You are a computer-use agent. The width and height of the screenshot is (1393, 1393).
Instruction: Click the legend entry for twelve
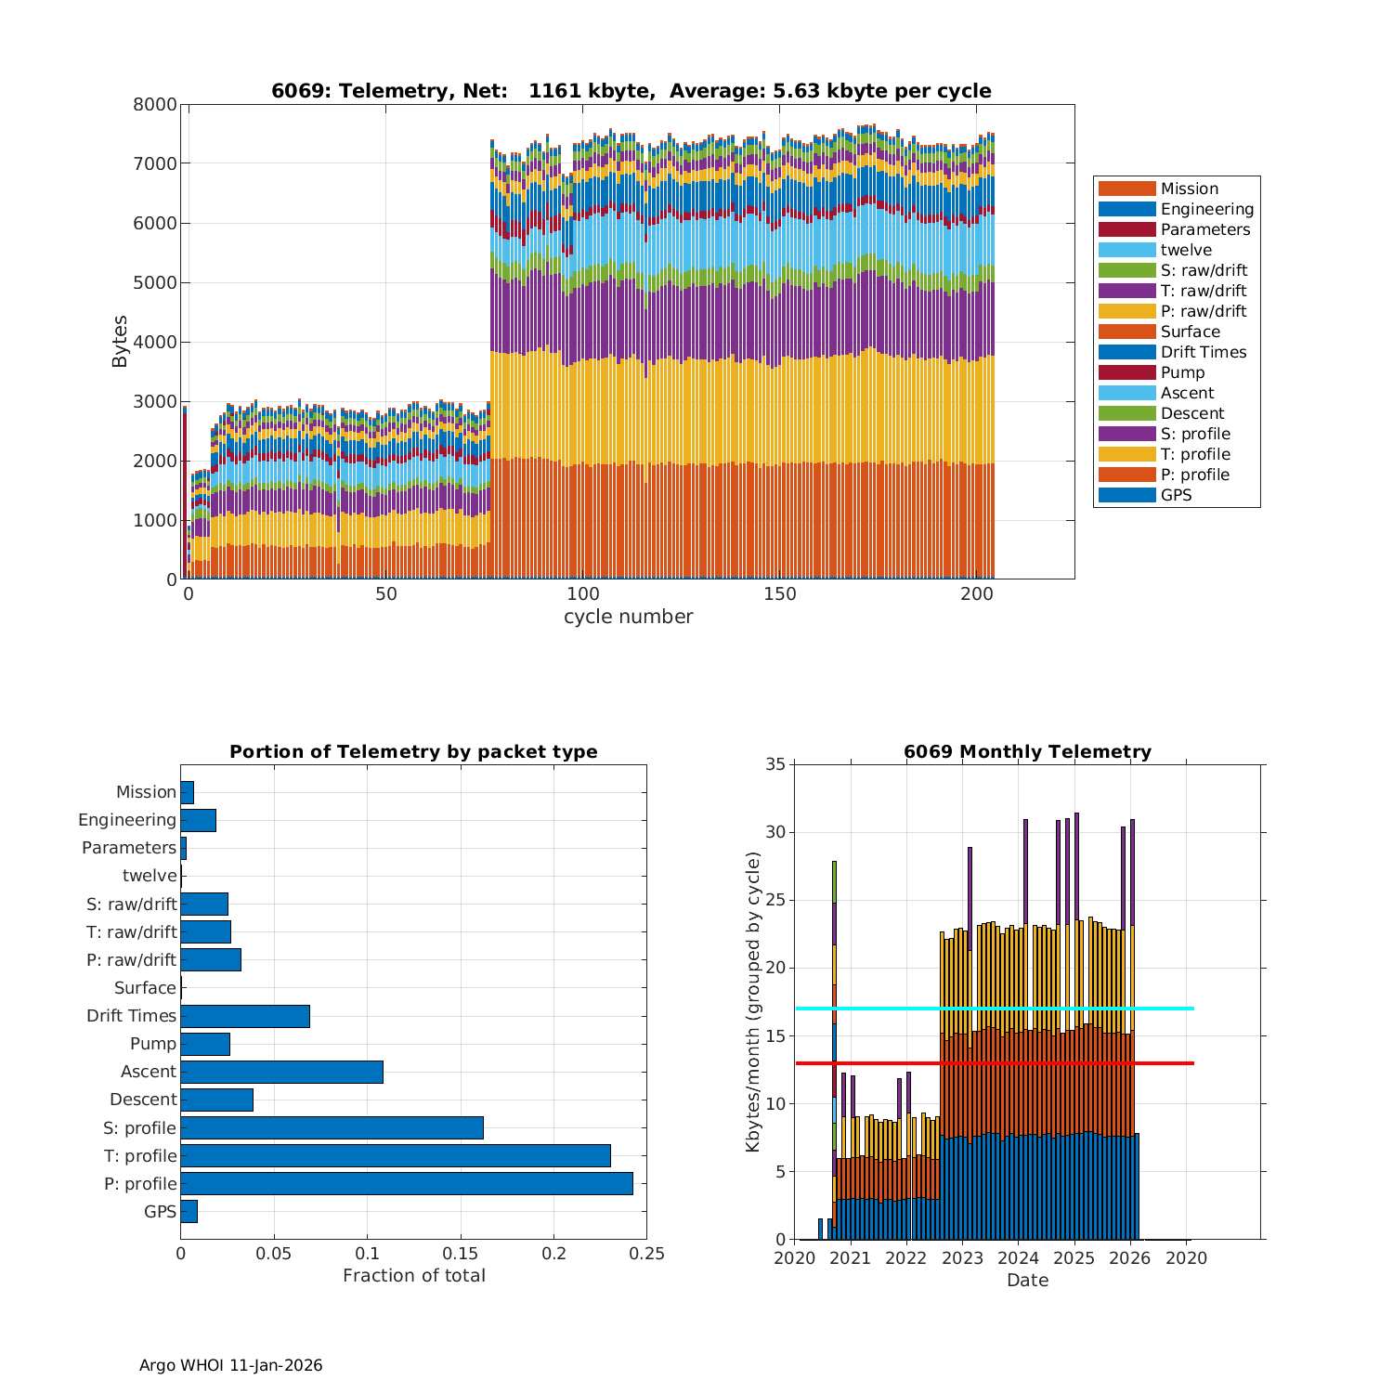tap(1186, 250)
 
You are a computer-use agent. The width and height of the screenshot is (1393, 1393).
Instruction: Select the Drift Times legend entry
tap(1203, 352)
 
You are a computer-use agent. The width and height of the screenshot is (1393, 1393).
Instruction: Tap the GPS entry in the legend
tap(1176, 495)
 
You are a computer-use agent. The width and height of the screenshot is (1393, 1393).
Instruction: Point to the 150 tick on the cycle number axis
tap(780, 594)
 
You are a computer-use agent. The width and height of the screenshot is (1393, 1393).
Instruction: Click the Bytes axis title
tap(120, 342)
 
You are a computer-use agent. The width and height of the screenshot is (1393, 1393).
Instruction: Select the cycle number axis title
tap(628, 617)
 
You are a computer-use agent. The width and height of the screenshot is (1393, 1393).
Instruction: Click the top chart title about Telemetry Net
tap(631, 91)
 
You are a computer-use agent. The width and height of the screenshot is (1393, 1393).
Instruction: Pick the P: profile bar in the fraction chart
tap(407, 1183)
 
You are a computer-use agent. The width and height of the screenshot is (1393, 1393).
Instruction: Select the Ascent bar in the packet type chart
tap(281, 1072)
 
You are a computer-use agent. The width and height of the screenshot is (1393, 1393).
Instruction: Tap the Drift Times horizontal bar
tap(245, 1016)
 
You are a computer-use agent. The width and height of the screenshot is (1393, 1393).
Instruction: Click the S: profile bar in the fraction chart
tap(332, 1127)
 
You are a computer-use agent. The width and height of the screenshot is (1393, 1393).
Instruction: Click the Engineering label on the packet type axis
tap(127, 820)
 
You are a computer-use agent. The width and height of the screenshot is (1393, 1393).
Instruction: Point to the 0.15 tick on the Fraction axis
tap(461, 1254)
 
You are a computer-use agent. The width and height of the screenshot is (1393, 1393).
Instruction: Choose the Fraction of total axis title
tap(413, 1276)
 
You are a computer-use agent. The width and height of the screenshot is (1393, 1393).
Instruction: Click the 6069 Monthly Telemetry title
tap(1027, 752)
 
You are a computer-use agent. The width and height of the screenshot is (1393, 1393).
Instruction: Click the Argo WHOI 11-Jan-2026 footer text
tap(230, 1365)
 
